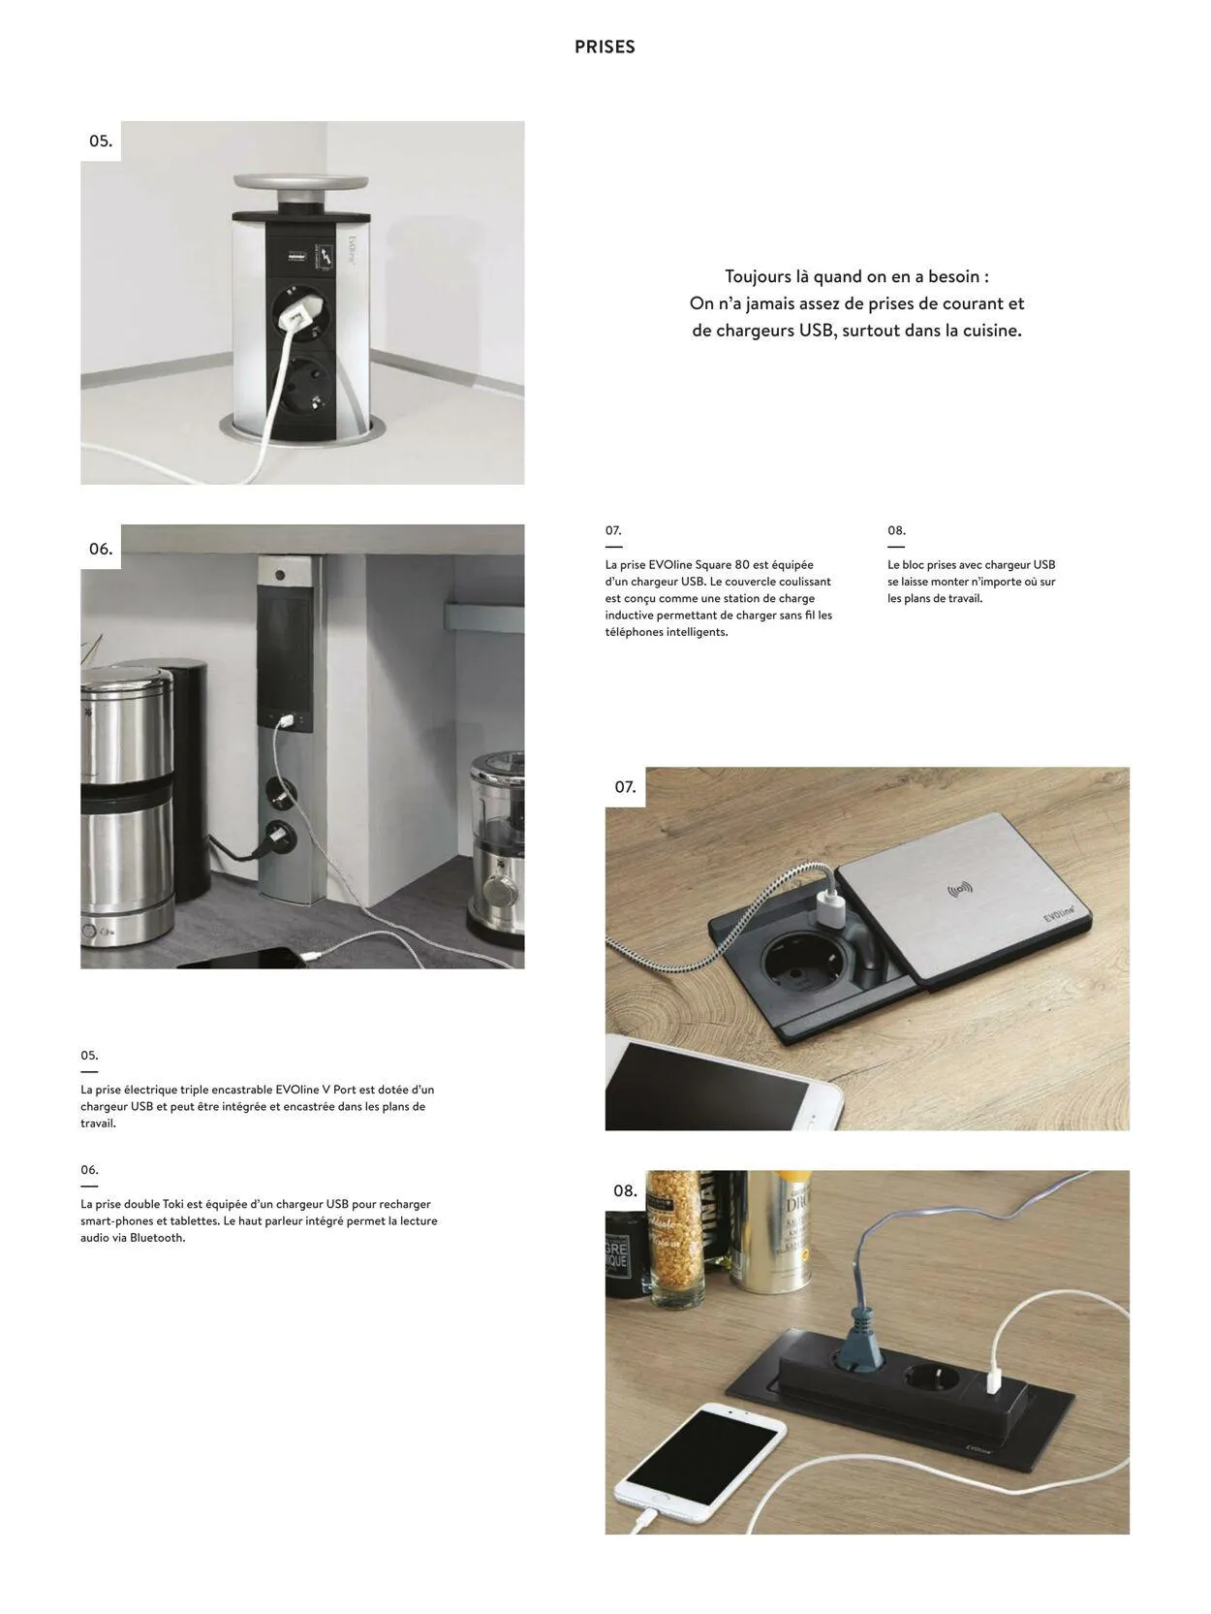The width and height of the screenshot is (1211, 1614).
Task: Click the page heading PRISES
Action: click(604, 47)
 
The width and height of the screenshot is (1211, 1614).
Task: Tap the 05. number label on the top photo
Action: click(101, 141)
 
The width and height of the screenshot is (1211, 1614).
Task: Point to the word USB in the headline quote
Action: click(817, 331)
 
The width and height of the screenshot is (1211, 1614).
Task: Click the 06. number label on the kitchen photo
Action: click(101, 549)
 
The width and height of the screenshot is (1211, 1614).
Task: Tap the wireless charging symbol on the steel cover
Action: click(959, 890)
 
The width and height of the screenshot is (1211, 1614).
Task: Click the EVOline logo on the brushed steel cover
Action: click(1059, 912)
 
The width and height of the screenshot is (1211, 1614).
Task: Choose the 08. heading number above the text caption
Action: click(896, 531)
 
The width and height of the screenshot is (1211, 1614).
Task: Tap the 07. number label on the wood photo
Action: click(625, 787)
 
